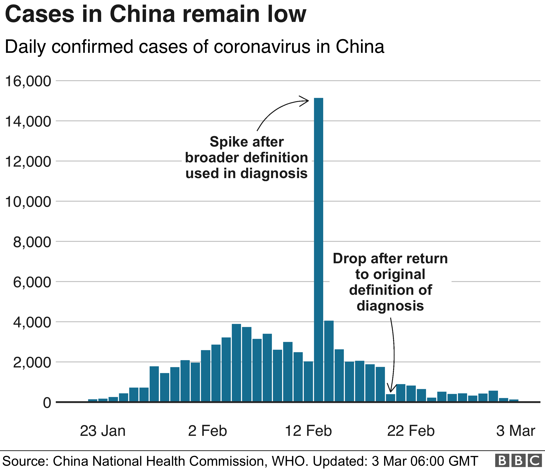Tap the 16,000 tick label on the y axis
(28, 81)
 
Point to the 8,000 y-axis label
(32, 242)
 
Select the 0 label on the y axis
(47, 403)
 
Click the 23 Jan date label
(103, 431)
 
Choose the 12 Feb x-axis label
(308, 431)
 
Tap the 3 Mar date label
(516, 431)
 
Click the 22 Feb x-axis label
(411, 431)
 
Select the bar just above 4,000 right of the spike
(329, 361)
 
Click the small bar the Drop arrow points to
(390, 398)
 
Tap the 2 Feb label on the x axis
(207, 431)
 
